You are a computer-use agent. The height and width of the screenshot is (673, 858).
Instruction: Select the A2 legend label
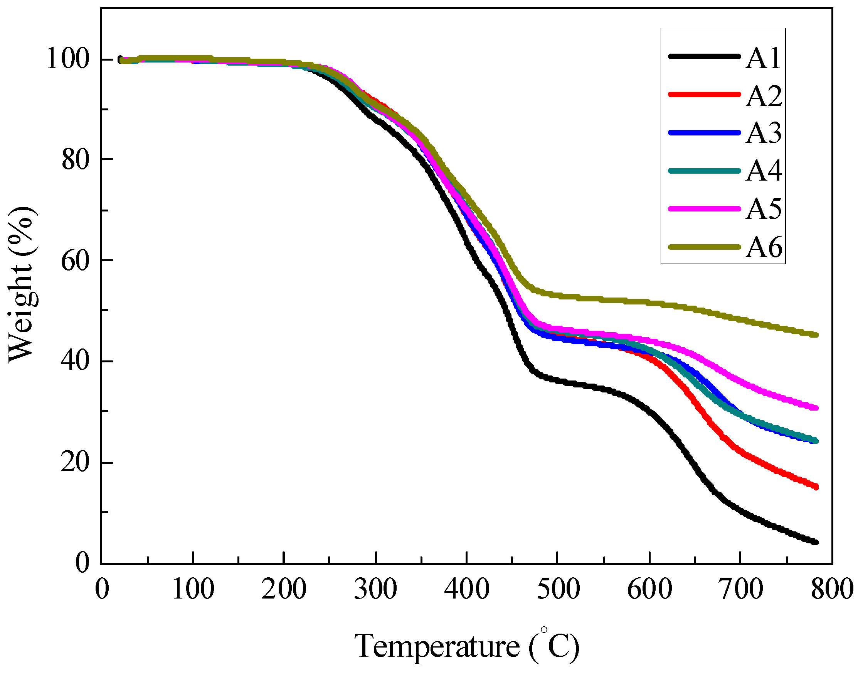tap(764, 96)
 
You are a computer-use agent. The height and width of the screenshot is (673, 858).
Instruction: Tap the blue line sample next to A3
tap(704, 133)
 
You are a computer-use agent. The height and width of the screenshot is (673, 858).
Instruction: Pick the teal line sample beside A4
tap(704, 171)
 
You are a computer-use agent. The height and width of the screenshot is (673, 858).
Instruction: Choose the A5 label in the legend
tap(764, 209)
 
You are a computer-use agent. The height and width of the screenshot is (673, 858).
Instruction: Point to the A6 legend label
tap(764, 247)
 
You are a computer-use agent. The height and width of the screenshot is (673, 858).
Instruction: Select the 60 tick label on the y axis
tap(75, 260)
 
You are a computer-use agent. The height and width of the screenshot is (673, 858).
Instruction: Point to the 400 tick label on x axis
tap(466, 590)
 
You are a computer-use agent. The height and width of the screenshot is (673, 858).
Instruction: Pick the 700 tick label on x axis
tap(740, 590)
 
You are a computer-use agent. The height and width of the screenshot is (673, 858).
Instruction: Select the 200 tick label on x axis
tap(283, 590)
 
